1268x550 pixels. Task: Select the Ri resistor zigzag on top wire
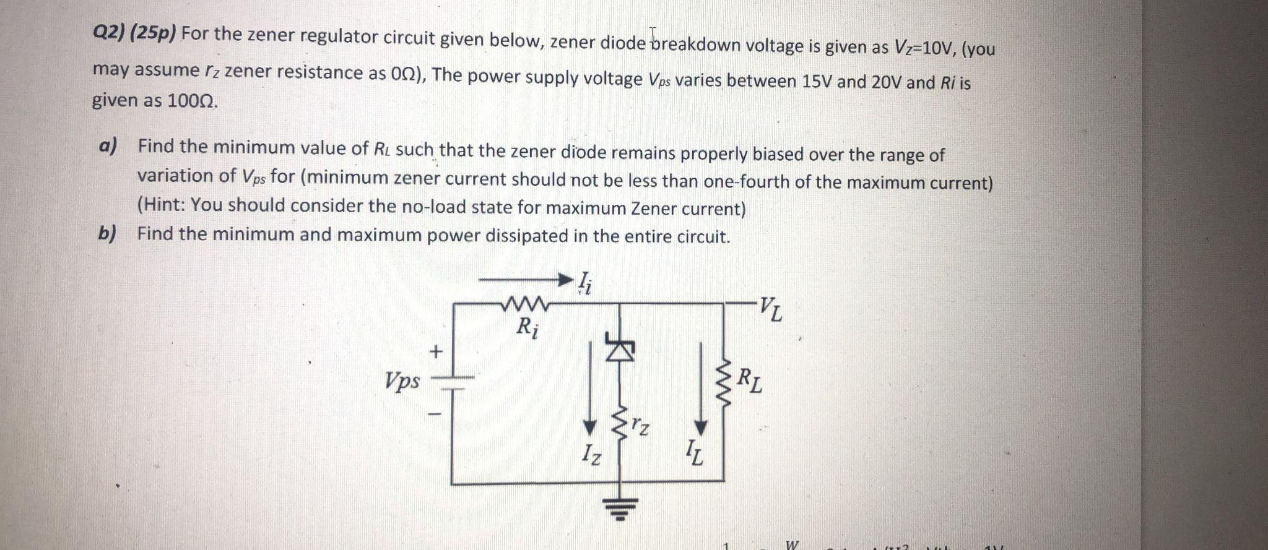(x=526, y=304)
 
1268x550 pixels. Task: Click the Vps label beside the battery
(x=402, y=379)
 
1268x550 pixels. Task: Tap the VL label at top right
(x=771, y=308)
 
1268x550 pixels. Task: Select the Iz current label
(x=591, y=457)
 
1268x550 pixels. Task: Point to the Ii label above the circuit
(x=585, y=283)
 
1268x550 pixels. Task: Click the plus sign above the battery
(x=436, y=352)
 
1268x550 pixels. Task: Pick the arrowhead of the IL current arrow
(x=700, y=428)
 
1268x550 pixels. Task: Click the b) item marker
(x=108, y=233)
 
